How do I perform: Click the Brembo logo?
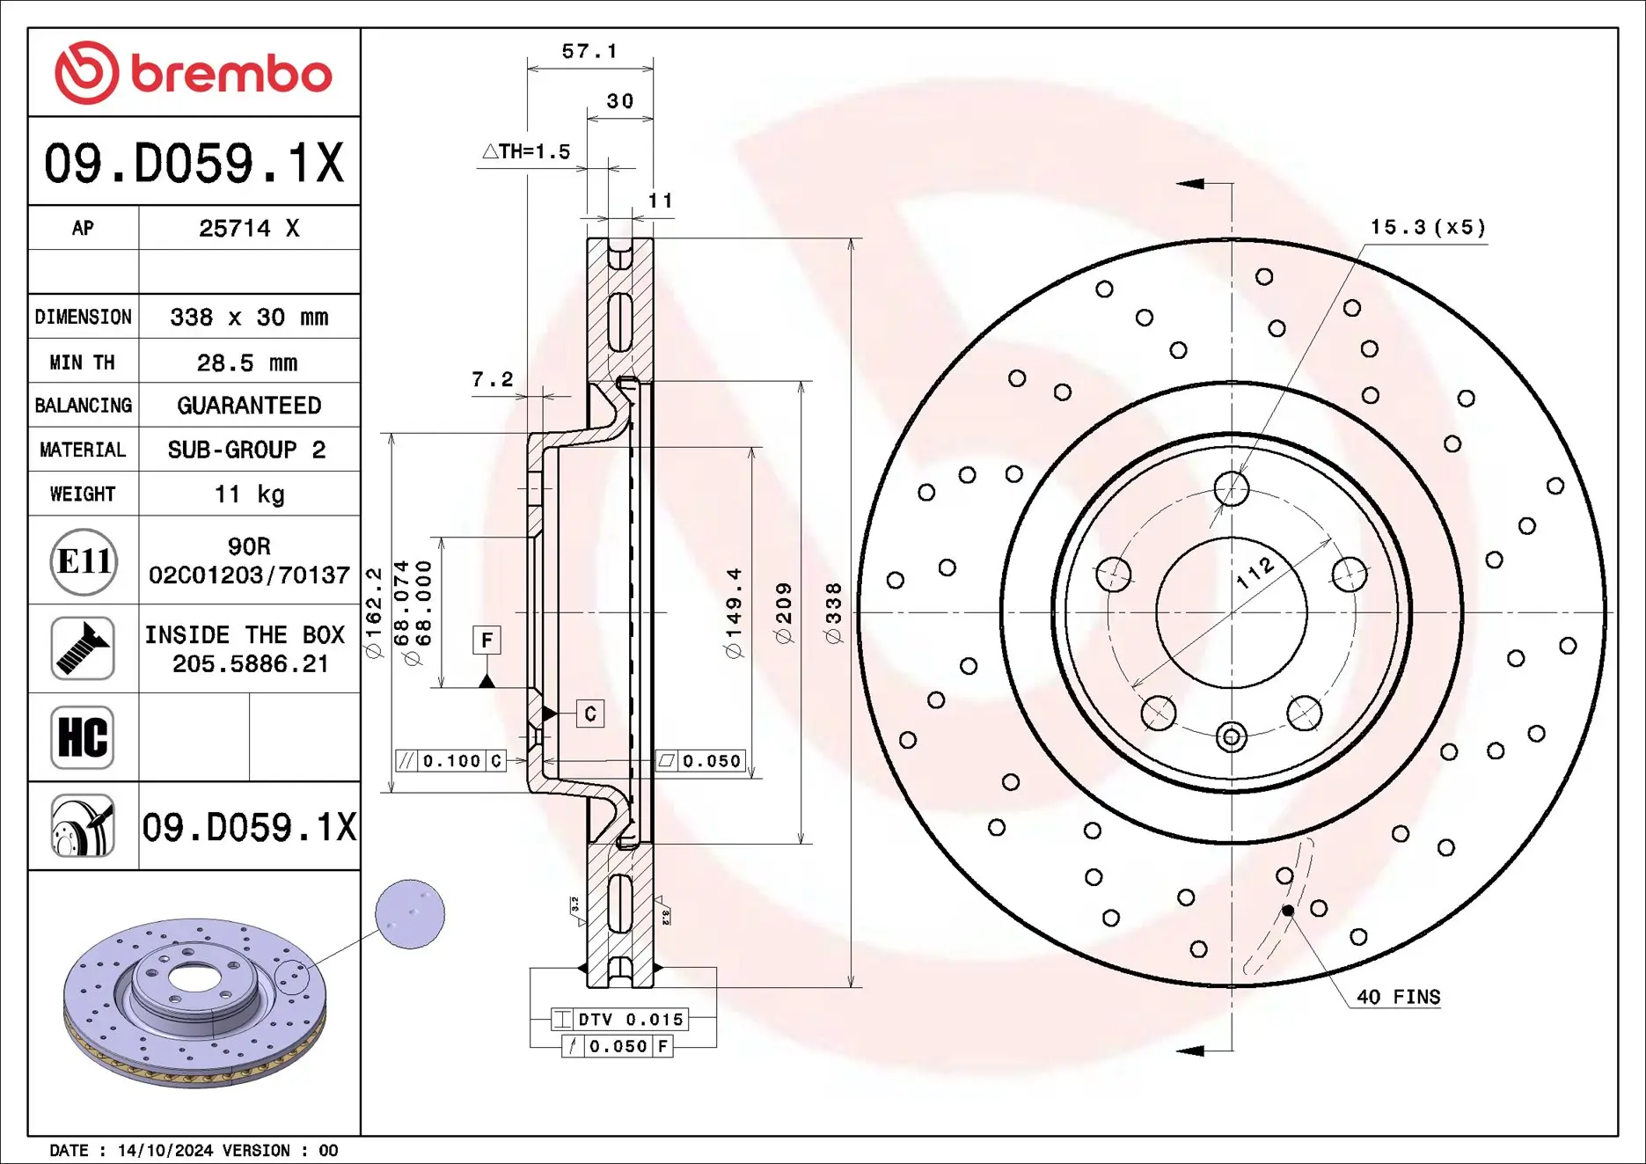tap(193, 73)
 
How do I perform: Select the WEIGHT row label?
tap(83, 494)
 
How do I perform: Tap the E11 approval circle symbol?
tap(84, 561)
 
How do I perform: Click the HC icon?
tap(83, 737)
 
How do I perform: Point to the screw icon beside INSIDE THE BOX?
tap(83, 648)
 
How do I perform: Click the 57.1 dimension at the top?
tap(589, 52)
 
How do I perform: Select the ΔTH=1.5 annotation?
tap(527, 151)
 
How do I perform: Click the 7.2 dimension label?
tap(492, 379)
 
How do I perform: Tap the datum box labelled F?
tap(486, 640)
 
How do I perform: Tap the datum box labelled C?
tap(590, 714)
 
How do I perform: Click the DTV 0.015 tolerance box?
tap(620, 1019)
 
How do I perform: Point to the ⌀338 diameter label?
tap(834, 612)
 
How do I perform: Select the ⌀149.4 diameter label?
tap(734, 612)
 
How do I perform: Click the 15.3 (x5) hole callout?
tap(1428, 227)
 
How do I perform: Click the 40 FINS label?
tap(1398, 997)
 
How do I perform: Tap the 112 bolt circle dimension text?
tap(1255, 573)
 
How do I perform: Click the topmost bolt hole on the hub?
tap(1232, 487)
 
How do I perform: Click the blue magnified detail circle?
tap(410, 913)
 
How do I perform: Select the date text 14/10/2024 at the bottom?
tap(165, 1150)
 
